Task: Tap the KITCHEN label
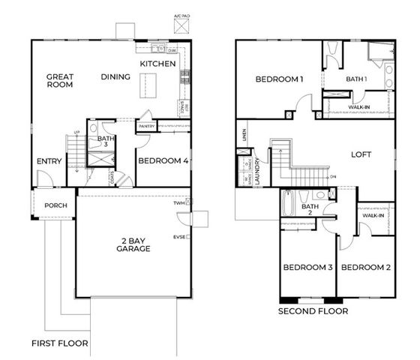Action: pyautogui.click(x=157, y=64)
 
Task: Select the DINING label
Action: pyautogui.click(x=115, y=76)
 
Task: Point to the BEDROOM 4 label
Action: pyautogui.click(x=162, y=160)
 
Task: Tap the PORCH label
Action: pyautogui.click(x=56, y=205)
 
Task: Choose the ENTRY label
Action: pyautogui.click(x=49, y=161)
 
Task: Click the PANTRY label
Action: pyautogui.click(x=146, y=127)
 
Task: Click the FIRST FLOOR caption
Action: pyautogui.click(x=59, y=344)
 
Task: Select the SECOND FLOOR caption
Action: pyautogui.click(x=313, y=310)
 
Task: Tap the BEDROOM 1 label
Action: pyautogui.click(x=279, y=79)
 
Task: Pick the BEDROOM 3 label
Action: pyautogui.click(x=307, y=268)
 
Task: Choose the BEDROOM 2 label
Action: pyautogui.click(x=365, y=268)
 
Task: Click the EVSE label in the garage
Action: pyautogui.click(x=180, y=237)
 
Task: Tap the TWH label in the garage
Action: pyautogui.click(x=180, y=203)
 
